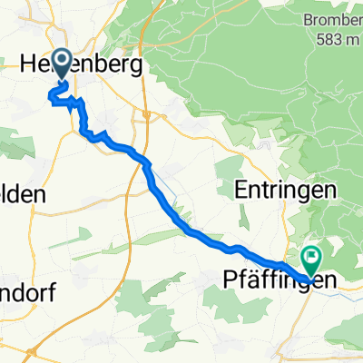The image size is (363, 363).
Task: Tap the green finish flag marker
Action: pos(311,261)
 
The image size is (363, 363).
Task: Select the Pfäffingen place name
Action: pos(282,281)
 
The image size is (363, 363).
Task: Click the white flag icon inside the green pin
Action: pos(311,257)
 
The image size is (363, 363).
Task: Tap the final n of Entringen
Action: pos(331,192)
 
